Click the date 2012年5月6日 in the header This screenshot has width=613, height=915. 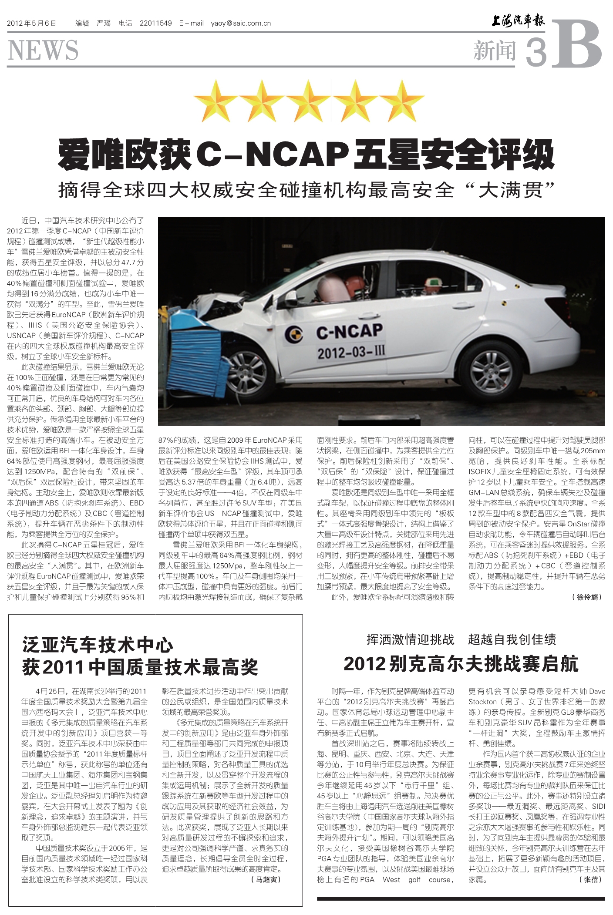click(32, 23)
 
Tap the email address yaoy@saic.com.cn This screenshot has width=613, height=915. click(241, 23)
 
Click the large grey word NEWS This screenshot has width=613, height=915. click(43, 50)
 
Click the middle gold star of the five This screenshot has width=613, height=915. click(309, 101)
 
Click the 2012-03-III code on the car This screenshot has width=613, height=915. click(351, 352)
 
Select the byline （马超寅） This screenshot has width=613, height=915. click(266, 879)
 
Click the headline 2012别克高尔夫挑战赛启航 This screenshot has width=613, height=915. click(461, 664)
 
